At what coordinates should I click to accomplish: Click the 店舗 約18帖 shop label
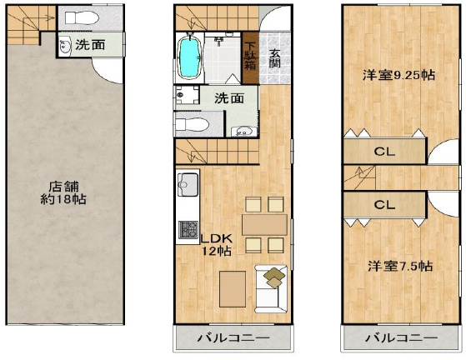coord(63,193)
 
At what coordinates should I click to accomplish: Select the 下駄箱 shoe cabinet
coord(250,57)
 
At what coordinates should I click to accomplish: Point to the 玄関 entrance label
coord(275,58)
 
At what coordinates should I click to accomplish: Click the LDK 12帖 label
coord(217,245)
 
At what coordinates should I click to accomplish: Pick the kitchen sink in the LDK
coord(188,184)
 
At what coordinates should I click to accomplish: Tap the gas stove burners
coord(188,230)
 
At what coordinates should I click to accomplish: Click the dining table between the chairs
coord(264,225)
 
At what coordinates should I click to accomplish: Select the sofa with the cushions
coord(271,288)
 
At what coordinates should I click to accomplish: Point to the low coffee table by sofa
coord(233,289)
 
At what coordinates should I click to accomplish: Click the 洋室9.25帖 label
coord(398,75)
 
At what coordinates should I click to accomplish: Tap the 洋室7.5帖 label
coord(400,266)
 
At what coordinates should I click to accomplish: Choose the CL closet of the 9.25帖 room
coord(384,151)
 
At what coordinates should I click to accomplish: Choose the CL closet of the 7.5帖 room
coord(384,205)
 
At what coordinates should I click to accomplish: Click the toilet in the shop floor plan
coord(82,17)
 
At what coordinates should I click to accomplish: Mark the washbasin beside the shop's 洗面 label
coord(64,46)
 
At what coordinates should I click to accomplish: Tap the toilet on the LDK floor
coord(191,124)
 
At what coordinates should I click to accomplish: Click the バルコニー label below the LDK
coord(234,337)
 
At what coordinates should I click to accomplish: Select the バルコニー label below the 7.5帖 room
coord(402,337)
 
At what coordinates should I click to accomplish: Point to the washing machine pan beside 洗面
coord(188,95)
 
